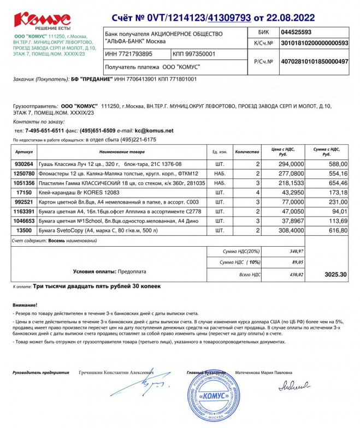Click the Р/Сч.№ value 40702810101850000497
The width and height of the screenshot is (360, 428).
314,62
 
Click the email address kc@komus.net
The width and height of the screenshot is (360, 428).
155,130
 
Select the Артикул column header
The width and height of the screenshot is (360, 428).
25,151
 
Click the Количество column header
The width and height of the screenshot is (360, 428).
246,151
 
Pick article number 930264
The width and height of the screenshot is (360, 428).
24,164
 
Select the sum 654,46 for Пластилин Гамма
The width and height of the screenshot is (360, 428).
335,183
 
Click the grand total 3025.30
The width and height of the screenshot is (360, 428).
335,274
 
